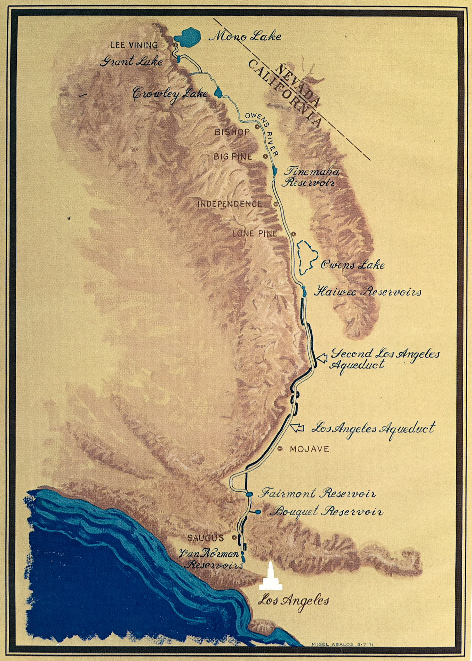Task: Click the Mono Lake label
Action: coord(245,36)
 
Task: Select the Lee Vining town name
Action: coord(134,45)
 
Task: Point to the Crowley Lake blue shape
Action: coord(219,92)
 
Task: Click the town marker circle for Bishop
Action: coord(257,127)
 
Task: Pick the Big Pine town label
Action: coord(233,157)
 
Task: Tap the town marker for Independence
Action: coord(276,204)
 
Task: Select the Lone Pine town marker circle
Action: coord(293,234)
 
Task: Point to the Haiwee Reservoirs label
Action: coord(367,292)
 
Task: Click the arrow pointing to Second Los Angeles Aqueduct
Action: coord(322,358)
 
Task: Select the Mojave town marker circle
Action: coord(280,449)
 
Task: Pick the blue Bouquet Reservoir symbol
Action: coord(258,512)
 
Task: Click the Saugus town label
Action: coord(205,538)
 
